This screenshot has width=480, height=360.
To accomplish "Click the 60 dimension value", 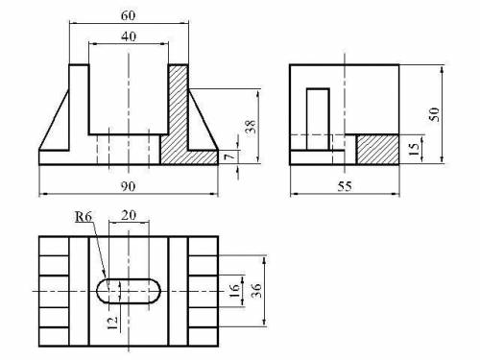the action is [x=128, y=15].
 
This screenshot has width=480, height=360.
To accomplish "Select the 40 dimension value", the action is [x=129, y=36].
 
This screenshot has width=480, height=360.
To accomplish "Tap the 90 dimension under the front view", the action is [x=128, y=186].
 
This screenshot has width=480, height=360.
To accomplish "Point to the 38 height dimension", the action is [x=251, y=127].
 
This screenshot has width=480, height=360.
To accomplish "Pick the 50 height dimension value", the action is [x=434, y=114].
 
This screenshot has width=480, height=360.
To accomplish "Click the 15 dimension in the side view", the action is [x=414, y=149].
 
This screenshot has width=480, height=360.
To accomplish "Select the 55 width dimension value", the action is [x=345, y=186].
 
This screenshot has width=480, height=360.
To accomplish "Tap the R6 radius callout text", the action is [x=84, y=217].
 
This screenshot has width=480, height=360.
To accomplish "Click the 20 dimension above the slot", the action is [x=129, y=215].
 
